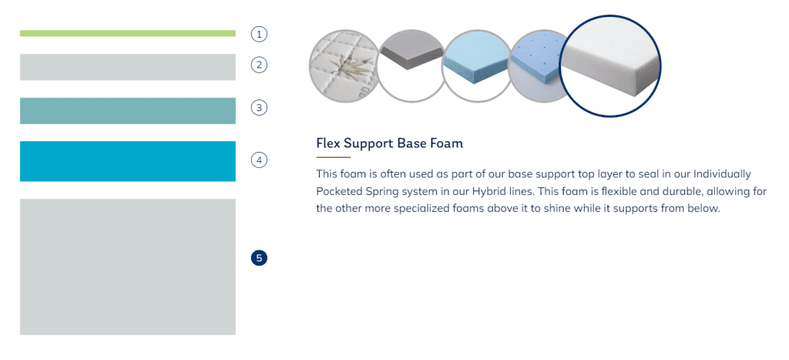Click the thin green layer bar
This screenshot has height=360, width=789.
128,33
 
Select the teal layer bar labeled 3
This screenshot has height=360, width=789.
128,111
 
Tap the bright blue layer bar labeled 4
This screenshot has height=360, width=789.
128,161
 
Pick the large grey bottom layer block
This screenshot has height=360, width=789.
128,267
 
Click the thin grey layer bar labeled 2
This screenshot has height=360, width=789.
128,67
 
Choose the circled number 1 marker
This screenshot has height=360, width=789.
259,34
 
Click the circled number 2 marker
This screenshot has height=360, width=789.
259,65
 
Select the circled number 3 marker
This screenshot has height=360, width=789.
259,107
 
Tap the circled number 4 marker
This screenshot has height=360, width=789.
259,160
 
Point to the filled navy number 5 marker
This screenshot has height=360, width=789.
259,258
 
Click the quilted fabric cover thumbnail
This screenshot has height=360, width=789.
342,66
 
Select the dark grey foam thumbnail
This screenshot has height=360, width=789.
410,66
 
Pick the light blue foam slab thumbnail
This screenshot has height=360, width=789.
476,66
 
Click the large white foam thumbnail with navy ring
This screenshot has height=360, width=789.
610,66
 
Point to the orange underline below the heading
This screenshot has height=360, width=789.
333,157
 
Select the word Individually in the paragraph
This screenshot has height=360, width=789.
722,174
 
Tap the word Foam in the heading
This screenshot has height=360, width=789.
446,143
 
